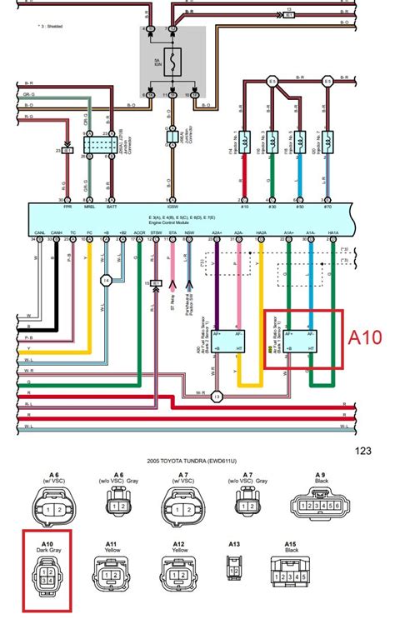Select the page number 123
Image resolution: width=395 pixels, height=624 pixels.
[362, 451]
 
